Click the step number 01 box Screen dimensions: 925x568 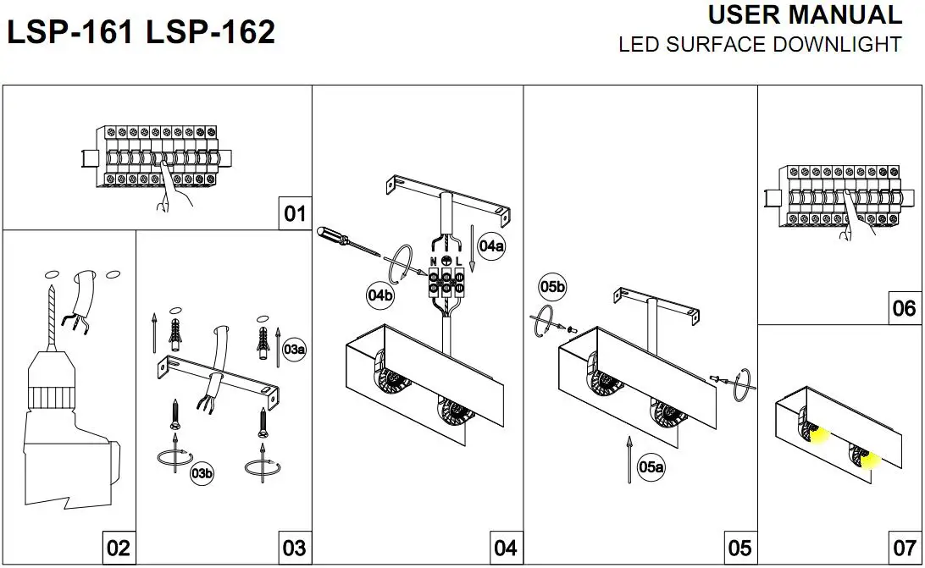point(295,213)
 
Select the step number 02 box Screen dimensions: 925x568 point(119,548)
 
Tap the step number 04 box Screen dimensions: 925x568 point(507,548)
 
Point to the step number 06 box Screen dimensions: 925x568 point(905,308)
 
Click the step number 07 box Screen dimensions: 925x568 point(905,548)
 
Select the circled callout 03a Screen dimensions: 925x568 point(295,349)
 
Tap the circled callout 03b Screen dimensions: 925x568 point(202,473)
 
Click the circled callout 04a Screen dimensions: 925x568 point(491,246)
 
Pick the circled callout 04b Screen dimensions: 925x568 point(380,295)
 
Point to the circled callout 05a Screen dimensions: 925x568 point(651,467)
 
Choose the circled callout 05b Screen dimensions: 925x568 point(552,287)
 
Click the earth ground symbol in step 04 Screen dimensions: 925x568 point(446,261)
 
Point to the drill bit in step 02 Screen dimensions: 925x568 point(53,317)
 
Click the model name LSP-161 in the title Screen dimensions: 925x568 point(70,32)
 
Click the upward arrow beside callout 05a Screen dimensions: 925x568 point(629,460)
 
